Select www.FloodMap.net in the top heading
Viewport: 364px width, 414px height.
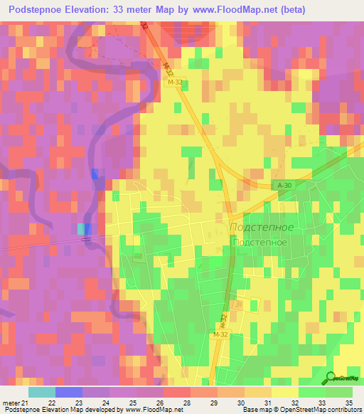(235, 10)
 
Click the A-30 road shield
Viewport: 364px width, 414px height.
(284, 186)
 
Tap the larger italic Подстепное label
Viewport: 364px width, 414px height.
(262, 227)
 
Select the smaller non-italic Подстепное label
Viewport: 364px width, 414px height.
(259, 242)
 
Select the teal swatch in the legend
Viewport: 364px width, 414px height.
(41, 391)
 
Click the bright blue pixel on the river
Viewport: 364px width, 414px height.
(96, 174)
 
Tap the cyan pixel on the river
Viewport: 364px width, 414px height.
(80, 228)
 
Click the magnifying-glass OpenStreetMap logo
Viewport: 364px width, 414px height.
(331, 378)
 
